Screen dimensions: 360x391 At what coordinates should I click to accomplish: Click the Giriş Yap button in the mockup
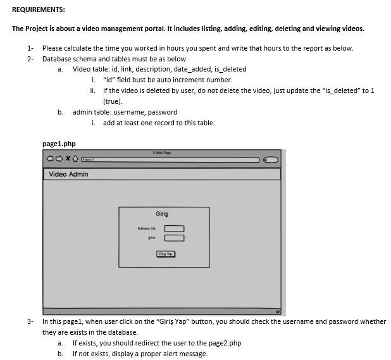(166, 254)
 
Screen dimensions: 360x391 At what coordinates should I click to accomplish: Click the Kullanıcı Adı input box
(175, 228)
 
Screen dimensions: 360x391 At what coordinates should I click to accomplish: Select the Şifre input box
(175, 238)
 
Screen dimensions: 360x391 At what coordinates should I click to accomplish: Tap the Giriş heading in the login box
(162, 214)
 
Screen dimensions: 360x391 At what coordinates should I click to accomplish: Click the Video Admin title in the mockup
(68, 174)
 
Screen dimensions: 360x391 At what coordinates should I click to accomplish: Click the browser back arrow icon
(49, 159)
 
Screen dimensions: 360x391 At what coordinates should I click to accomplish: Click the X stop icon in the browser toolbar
(67, 159)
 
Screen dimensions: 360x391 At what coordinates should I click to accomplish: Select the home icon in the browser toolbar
(75, 159)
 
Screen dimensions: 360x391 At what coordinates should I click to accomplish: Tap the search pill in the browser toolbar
(271, 159)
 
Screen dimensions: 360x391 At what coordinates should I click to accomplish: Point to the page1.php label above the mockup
(59, 144)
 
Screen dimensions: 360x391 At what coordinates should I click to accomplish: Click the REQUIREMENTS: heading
(38, 9)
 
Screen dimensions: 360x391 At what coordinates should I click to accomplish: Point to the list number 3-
(30, 321)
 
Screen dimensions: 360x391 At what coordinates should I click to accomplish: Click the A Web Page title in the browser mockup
(162, 152)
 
